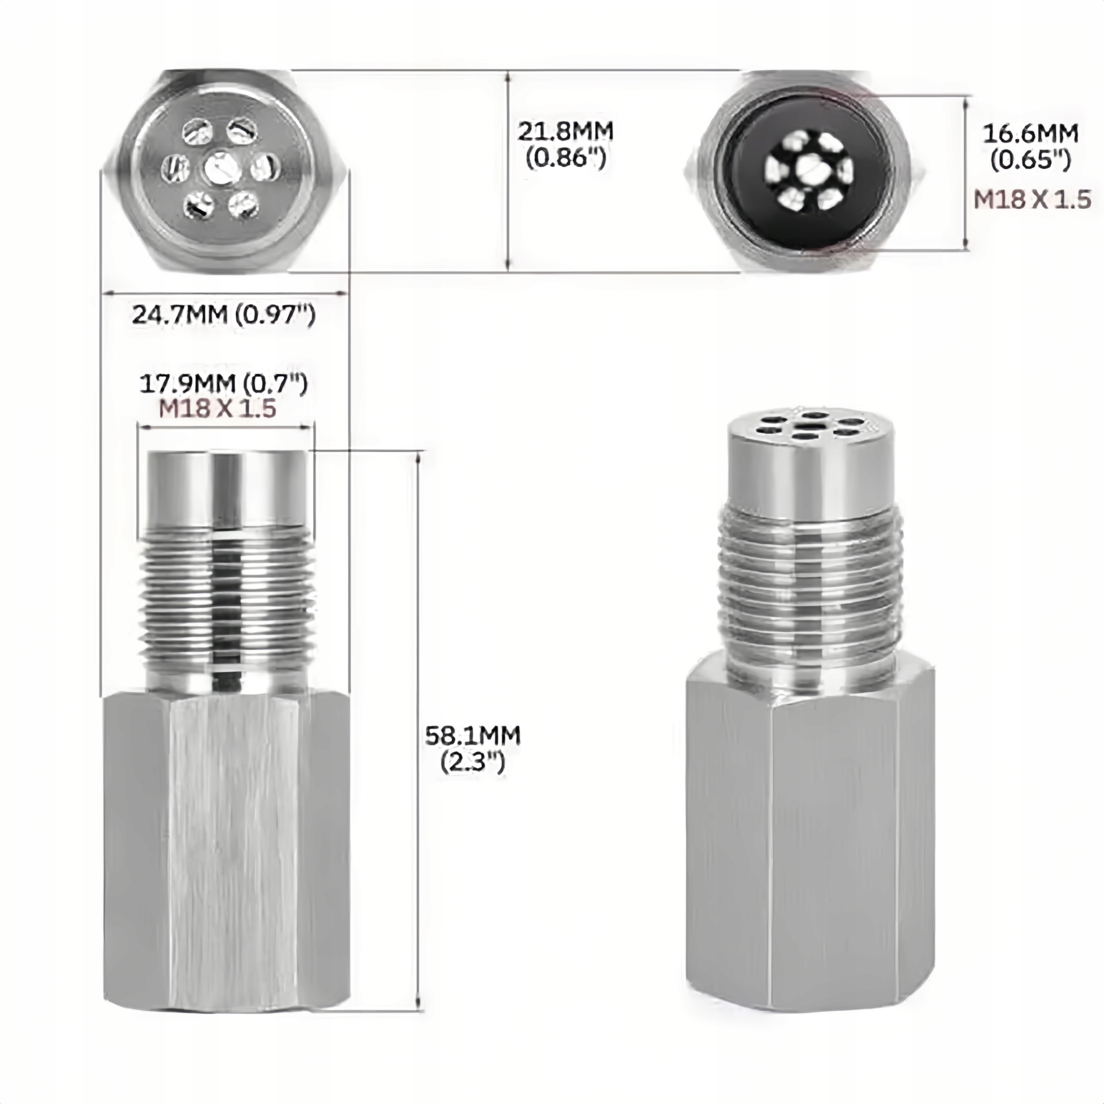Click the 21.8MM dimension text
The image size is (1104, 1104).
coord(565,132)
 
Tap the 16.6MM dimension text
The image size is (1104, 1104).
coord(1030,134)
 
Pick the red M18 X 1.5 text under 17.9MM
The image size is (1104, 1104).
coord(218,409)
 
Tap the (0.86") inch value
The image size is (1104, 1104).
coord(566,158)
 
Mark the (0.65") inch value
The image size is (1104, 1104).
coord(1030,160)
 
